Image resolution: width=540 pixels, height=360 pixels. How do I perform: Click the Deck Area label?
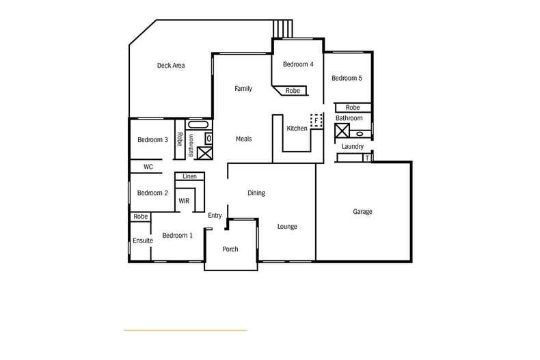[x=171, y=66]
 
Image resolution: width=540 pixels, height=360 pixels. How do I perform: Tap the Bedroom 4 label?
[x=298, y=65]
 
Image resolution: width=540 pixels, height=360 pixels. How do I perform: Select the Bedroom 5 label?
[x=347, y=79]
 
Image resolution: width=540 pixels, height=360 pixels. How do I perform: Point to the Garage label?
[x=362, y=212]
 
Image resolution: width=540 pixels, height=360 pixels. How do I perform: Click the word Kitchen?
[x=297, y=128]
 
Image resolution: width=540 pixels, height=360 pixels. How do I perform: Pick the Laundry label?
[x=352, y=147]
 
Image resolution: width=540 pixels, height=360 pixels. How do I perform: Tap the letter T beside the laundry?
[x=367, y=158]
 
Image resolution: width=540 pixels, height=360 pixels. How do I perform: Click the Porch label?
[x=230, y=249]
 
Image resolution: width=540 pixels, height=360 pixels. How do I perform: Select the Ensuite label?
[x=142, y=240]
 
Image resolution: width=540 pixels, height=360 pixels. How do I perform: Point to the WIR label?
[x=184, y=202]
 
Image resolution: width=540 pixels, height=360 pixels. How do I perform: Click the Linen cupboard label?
[x=189, y=177]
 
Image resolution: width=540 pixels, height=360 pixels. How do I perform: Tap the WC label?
[x=148, y=167]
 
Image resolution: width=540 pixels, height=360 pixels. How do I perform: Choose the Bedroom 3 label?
[x=152, y=140]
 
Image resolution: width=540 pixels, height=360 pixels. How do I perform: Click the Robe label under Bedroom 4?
[x=293, y=91]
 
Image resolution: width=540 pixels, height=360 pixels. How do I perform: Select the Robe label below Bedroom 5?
[x=352, y=108]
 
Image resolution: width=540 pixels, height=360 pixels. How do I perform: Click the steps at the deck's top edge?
[x=283, y=29]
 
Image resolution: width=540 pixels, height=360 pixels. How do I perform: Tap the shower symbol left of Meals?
[x=204, y=152]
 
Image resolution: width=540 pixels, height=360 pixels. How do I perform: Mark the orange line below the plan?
[x=185, y=331]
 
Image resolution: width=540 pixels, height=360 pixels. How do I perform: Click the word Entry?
[x=215, y=216]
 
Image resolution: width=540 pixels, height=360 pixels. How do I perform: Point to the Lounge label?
[x=287, y=227]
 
